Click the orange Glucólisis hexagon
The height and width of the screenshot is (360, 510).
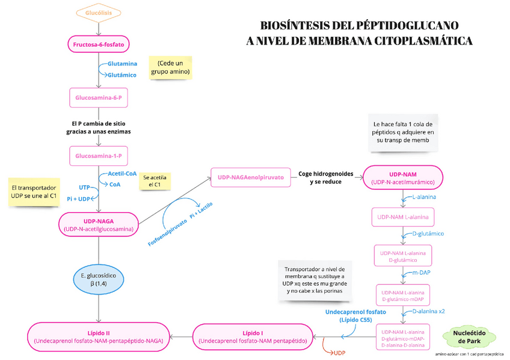(99, 13)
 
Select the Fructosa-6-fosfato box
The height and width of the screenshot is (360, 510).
(99, 44)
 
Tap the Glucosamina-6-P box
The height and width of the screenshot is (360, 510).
(99, 97)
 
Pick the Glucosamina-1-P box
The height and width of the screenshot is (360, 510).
(99, 156)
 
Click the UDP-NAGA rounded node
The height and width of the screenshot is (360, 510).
(99, 225)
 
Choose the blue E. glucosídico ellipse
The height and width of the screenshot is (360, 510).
(99, 279)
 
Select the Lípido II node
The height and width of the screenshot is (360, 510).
(99, 337)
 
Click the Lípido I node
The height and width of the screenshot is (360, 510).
(253, 337)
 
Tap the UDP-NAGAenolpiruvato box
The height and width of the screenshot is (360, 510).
(251, 177)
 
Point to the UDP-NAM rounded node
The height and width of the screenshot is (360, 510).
(403, 178)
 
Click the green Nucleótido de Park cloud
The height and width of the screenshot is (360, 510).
(469, 337)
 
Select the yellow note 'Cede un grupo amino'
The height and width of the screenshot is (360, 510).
(170, 67)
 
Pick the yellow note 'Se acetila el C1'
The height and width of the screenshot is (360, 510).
(155, 181)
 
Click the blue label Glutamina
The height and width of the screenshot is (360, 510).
(122, 64)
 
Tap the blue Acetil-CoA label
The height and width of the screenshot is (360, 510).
(122, 174)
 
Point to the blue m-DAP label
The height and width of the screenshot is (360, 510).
(421, 273)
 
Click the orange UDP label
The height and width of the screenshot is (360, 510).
(340, 353)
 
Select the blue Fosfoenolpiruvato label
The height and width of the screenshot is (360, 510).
(168, 233)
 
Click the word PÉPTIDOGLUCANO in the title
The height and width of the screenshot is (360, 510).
(408, 25)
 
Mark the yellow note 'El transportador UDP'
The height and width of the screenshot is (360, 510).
(34, 192)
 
